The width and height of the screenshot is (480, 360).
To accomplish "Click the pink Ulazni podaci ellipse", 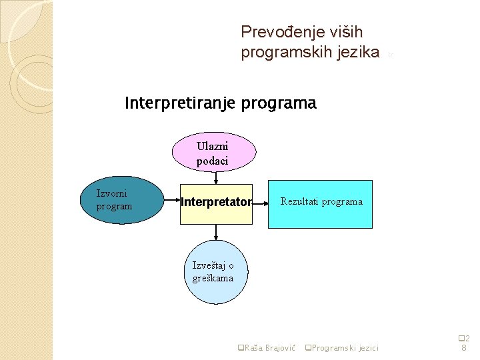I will [x=213, y=153].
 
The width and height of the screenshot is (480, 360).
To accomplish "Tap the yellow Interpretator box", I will [x=216, y=203].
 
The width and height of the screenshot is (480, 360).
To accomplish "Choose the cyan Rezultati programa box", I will [x=320, y=204].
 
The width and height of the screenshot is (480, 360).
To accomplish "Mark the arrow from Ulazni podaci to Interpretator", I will [x=215, y=177].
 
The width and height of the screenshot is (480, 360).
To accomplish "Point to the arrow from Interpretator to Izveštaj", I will [x=215, y=233].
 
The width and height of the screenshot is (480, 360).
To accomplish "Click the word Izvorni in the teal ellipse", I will [x=112, y=193].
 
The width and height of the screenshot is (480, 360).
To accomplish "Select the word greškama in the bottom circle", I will [x=213, y=279].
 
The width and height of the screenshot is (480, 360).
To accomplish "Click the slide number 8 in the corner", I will [x=464, y=348].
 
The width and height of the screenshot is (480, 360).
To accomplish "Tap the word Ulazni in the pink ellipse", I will [x=212, y=147].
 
